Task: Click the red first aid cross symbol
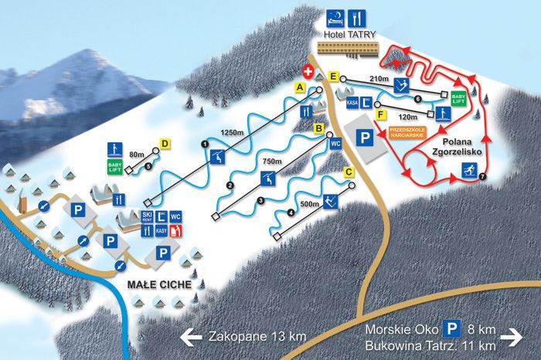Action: coord(308,71)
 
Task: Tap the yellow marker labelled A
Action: coord(300,89)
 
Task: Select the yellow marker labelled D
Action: coord(164,143)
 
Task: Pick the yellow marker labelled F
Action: coord(381,114)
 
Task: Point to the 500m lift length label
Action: coord(310,205)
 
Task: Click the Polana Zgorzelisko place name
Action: coord(461,147)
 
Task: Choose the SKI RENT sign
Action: coord(146,217)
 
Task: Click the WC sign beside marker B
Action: coord(335,144)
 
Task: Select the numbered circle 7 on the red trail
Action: coord(482,177)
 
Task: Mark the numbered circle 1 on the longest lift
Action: coord(205,144)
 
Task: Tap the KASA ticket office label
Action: coord(352,100)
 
